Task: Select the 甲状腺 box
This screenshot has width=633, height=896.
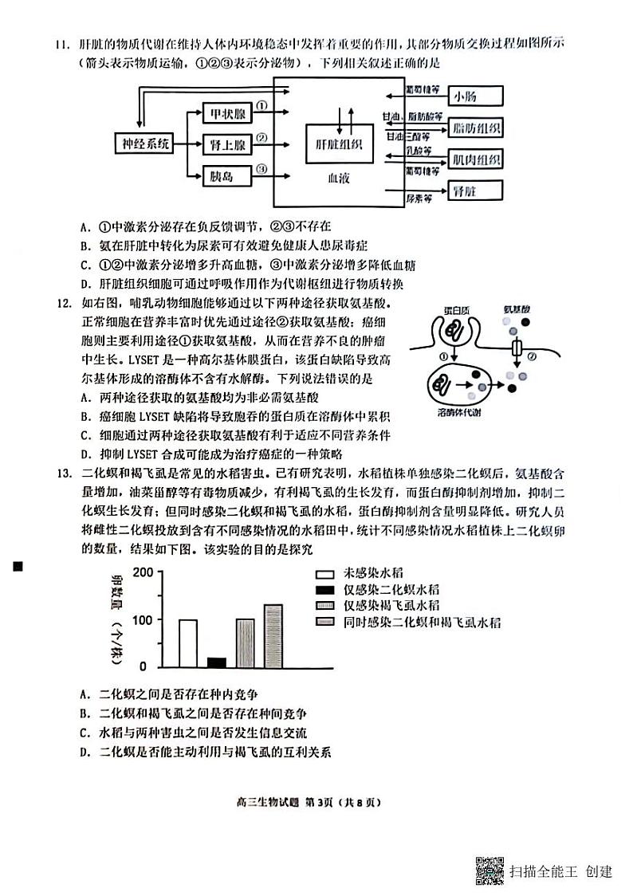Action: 226,114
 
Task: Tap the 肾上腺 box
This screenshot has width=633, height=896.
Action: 226,144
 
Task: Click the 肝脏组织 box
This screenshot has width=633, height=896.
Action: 340,144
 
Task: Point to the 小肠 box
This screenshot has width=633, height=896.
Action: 474,97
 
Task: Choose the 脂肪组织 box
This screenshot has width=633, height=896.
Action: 476,128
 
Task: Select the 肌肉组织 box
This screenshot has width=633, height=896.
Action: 476,159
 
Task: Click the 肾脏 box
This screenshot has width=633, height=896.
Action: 474,191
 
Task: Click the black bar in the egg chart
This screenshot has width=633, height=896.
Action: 216,662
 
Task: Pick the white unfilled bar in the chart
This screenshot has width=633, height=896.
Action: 188,643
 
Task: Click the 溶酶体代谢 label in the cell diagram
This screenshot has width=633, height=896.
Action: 458,413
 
